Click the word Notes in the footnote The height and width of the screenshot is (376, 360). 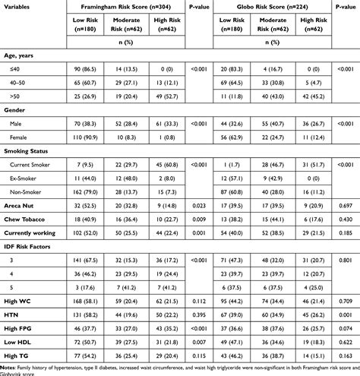tap(11, 367)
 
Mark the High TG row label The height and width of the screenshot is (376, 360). tap(21, 355)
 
